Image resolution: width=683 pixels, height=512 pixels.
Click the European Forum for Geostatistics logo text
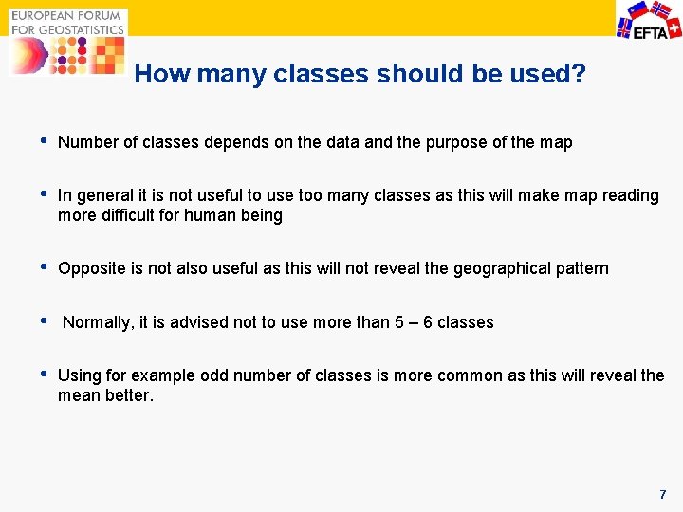(x=67, y=23)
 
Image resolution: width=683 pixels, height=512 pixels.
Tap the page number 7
(x=663, y=495)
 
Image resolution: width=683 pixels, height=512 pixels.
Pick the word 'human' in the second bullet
(x=217, y=215)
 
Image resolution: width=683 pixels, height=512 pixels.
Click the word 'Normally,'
(x=99, y=322)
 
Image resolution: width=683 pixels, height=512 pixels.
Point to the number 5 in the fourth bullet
(x=400, y=322)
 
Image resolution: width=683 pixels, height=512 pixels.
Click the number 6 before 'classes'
(x=428, y=322)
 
